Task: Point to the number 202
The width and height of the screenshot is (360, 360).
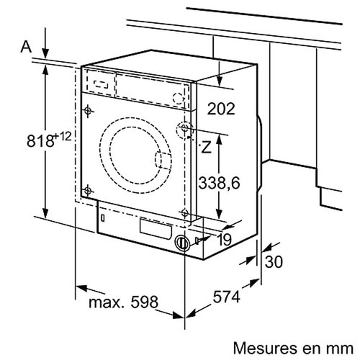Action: [x=222, y=109]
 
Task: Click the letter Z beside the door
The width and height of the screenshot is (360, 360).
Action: [x=207, y=149]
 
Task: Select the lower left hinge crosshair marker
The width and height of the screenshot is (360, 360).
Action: [x=89, y=190]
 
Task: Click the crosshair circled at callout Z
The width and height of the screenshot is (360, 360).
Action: [x=186, y=130]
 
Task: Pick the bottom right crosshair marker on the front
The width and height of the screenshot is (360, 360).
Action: [x=186, y=212]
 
